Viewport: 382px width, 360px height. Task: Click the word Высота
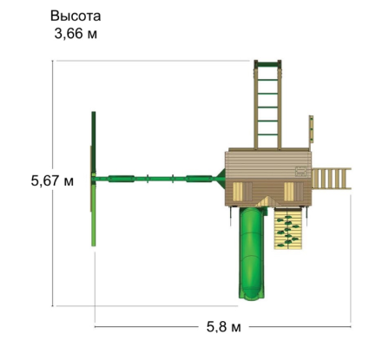(x=76, y=16)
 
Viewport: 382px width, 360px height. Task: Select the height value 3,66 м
(x=76, y=34)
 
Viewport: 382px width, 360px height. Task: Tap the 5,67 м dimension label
(x=52, y=181)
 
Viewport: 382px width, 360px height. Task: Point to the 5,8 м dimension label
(x=223, y=327)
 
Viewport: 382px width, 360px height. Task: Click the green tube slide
(x=251, y=253)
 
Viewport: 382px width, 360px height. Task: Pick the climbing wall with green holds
(x=288, y=228)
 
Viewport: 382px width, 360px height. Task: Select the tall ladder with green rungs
(x=267, y=105)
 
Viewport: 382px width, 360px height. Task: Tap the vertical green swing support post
(x=94, y=179)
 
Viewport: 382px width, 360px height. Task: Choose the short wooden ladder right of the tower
(x=331, y=179)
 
